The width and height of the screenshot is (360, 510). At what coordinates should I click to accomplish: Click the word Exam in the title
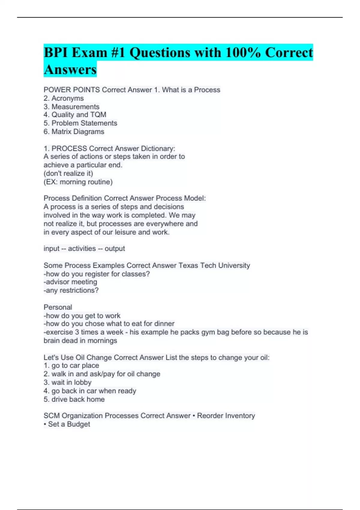tap(89, 53)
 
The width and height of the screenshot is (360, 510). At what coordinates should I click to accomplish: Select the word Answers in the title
tap(70, 70)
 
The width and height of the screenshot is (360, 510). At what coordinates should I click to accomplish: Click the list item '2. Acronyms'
tap(64, 98)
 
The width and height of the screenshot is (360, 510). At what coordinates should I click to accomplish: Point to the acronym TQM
tap(98, 115)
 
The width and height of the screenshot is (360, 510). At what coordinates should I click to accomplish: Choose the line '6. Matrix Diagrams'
tap(74, 132)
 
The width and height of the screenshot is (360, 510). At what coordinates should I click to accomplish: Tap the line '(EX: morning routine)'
tap(78, 182)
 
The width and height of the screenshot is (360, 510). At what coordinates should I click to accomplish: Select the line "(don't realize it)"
tap(68, 173)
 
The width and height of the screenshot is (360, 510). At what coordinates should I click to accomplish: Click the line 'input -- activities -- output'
tap(84, 249)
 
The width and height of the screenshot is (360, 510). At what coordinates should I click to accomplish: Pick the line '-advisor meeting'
tap(70, 282)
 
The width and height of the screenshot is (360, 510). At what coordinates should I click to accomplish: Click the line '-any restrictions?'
tap(71, 290)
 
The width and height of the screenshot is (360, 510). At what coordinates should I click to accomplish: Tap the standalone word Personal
tap(58, 307)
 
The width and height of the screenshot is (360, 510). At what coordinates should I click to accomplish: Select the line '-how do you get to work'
tap(82, 316)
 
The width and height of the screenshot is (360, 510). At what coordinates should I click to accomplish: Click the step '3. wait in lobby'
tap(67, 382)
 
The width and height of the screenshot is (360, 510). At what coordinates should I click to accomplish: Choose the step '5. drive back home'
tap(74, 399)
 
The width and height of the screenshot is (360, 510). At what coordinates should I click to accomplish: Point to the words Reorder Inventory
tap(226, 416)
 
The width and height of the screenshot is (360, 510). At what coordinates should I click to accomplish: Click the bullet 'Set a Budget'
tap(69, 424)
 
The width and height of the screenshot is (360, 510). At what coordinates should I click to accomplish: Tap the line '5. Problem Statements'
tap(80, 123)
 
